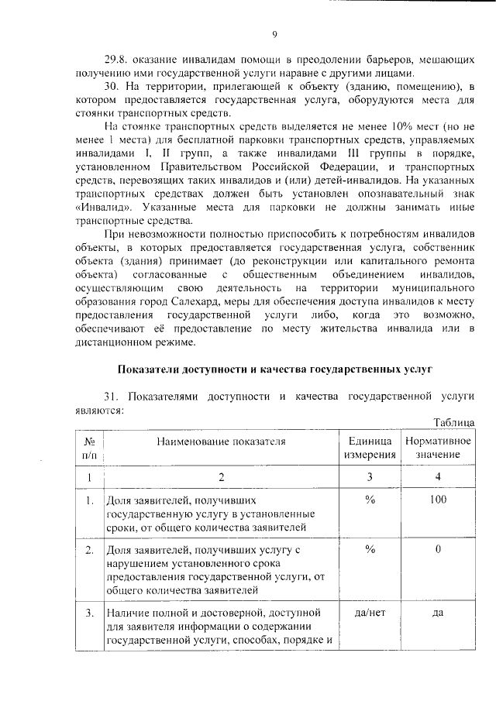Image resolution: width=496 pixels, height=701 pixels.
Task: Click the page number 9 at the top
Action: (274, 34)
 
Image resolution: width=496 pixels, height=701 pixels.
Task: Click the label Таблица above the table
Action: (453, 422)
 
